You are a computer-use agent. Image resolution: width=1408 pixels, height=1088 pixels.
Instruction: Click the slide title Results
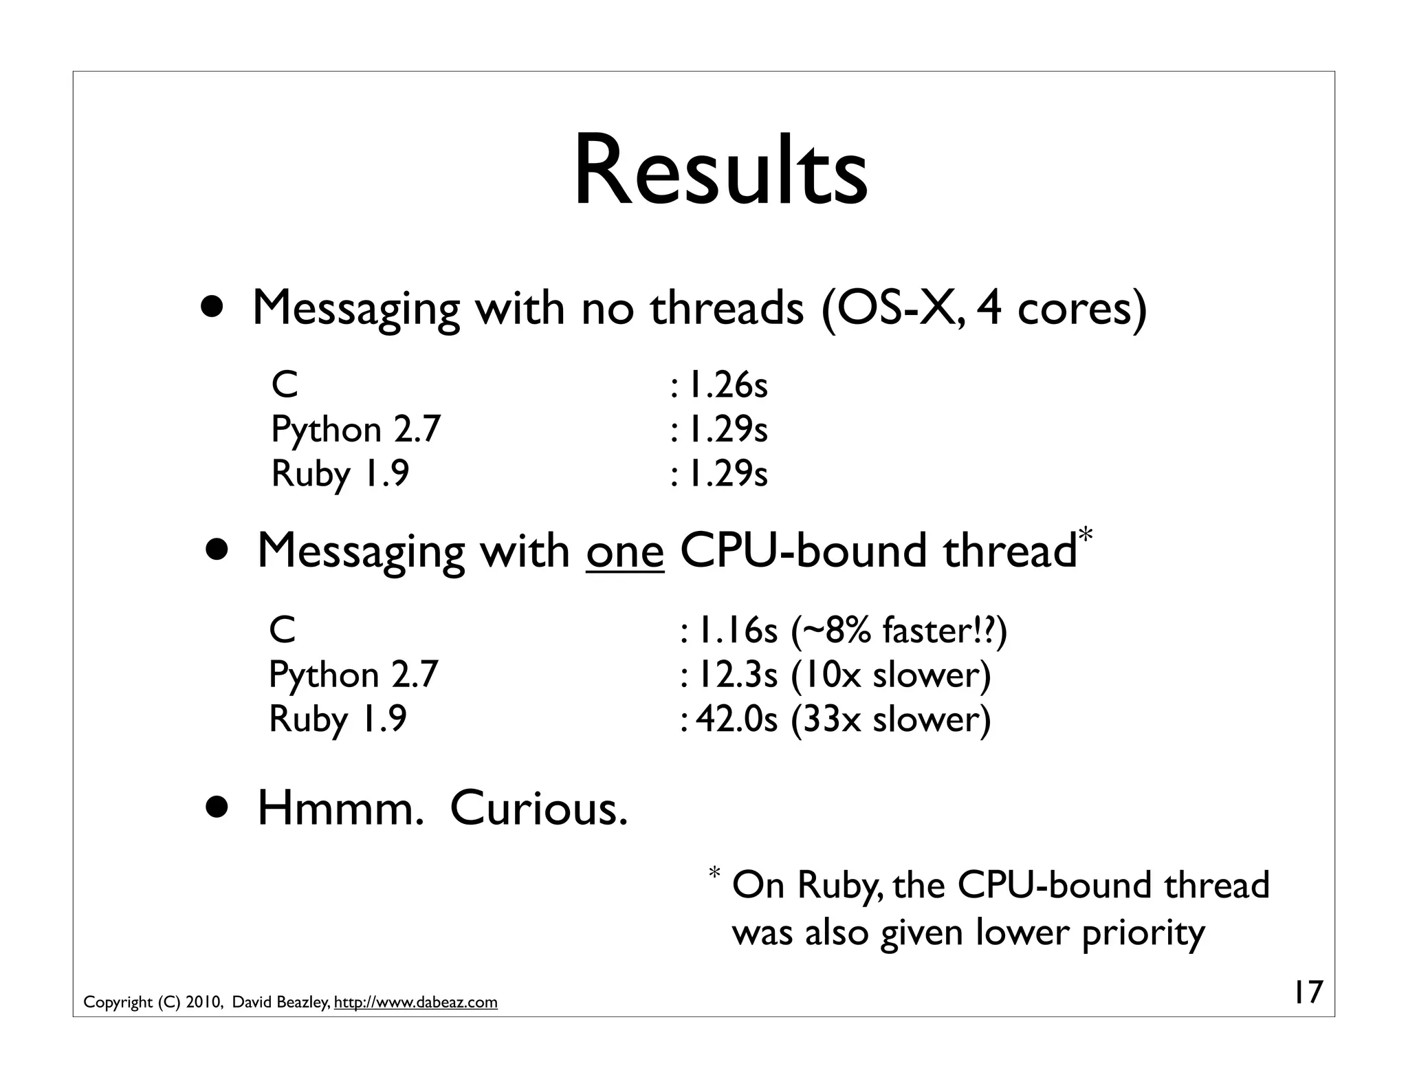(720, 173)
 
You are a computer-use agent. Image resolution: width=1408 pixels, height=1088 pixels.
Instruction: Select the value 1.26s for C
(728, 384)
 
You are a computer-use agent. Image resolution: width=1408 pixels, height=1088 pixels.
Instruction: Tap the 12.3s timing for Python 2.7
(738, 675)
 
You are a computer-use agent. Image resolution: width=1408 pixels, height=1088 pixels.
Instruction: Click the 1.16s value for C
(738, 630)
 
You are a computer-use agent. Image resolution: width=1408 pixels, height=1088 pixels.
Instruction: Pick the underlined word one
(625, 552)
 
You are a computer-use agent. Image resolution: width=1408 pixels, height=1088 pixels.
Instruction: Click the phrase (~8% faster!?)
(899, 630)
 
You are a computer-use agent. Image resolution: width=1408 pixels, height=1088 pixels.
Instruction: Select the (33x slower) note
(891, 719)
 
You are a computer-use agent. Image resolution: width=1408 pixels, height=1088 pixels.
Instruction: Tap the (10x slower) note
(891, 675)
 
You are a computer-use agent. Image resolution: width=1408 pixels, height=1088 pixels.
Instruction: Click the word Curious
(539, 809)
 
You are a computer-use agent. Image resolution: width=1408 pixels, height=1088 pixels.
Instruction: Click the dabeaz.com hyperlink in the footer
(415, 1002)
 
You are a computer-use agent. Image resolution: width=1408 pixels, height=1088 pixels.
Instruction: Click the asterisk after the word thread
(1086, 534)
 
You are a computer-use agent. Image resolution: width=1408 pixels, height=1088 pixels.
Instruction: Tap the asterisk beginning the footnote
(714, 874)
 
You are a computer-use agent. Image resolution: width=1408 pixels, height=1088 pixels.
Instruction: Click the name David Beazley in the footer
(280, 1002)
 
